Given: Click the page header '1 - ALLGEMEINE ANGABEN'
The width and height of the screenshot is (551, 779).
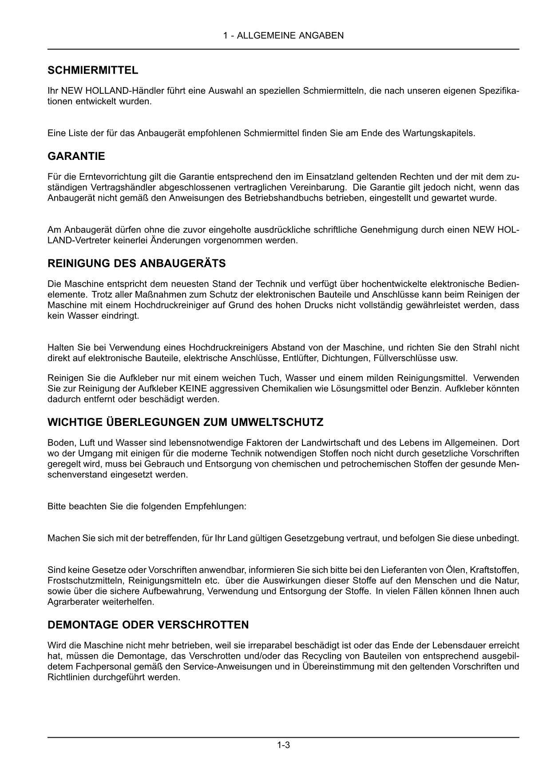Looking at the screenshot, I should [283, 36].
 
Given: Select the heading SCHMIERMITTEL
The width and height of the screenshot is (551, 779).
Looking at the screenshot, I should [93, 70].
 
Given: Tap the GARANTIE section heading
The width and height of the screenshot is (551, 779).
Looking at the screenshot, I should [76, 156].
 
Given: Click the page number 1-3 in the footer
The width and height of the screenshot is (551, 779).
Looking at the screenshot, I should [283, 745].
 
